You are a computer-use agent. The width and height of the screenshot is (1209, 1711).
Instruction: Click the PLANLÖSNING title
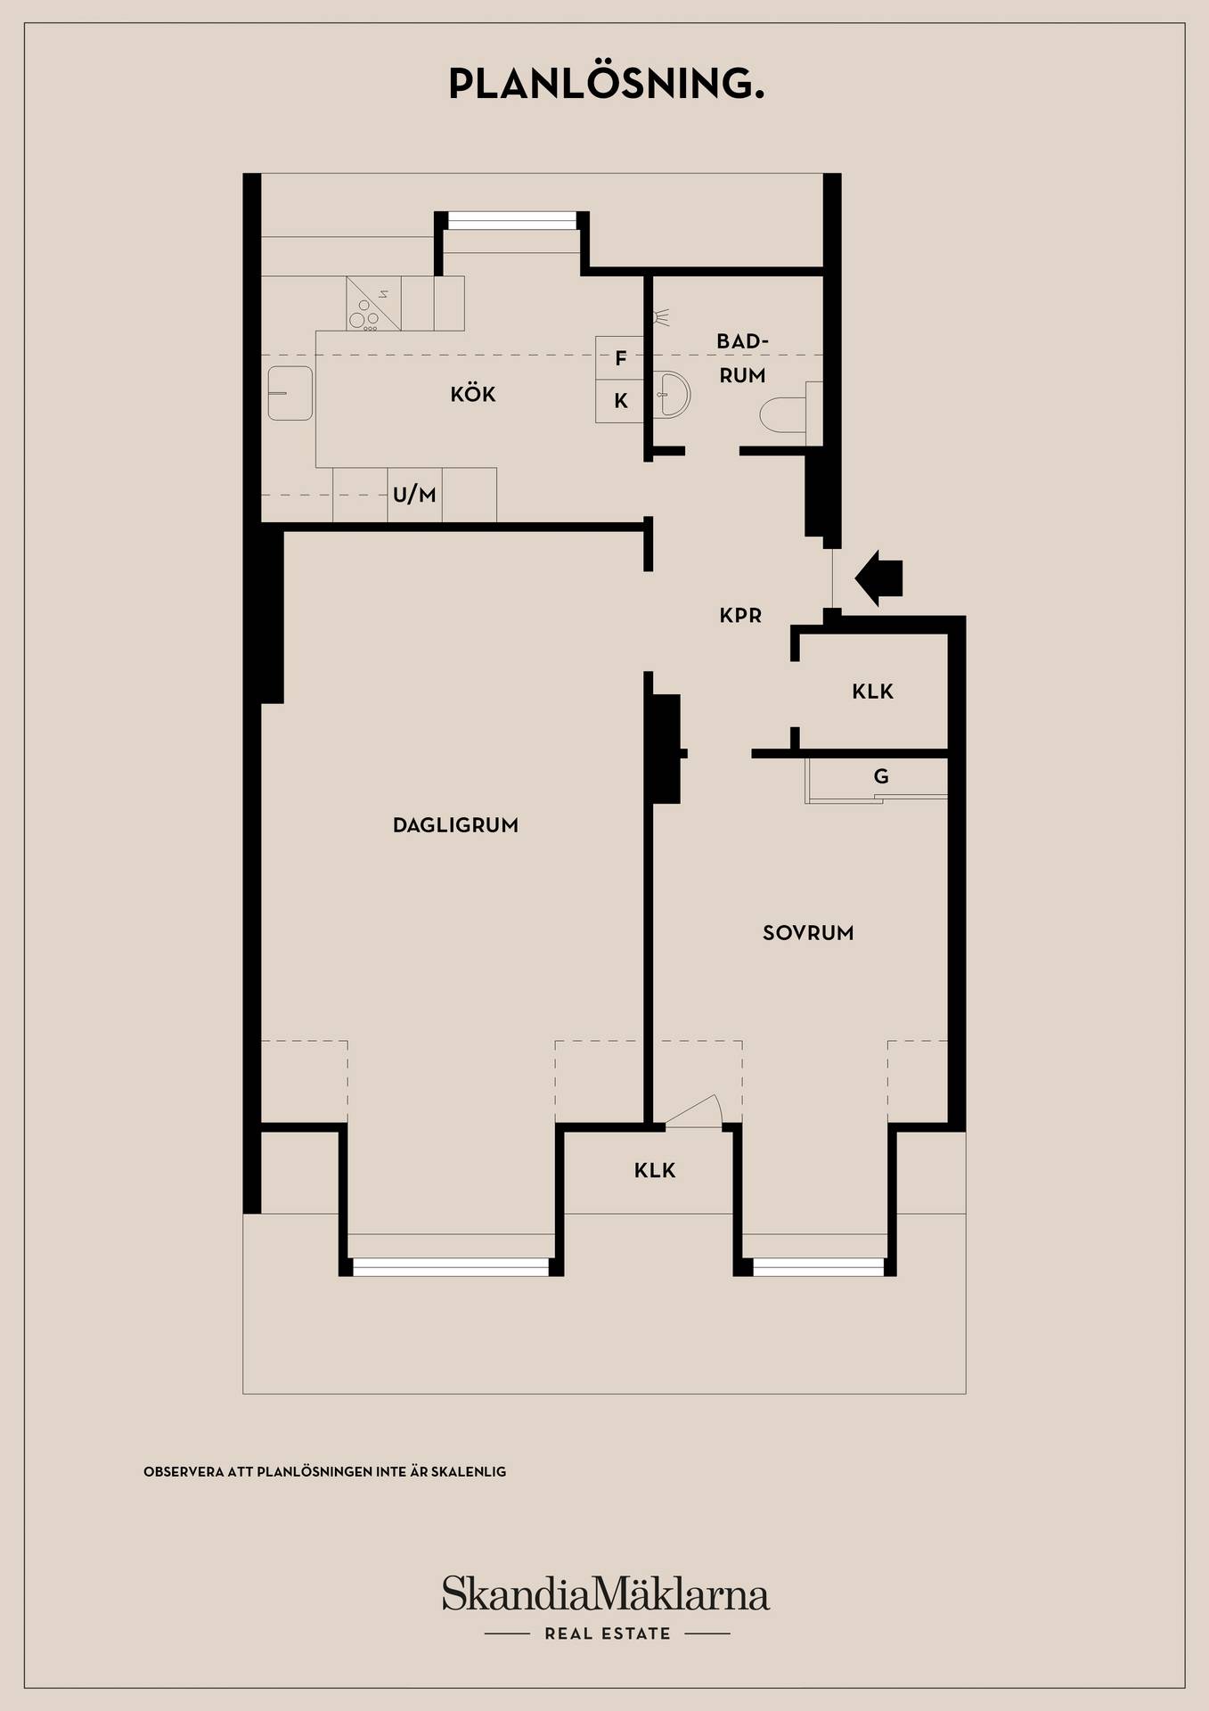tap(606, 83)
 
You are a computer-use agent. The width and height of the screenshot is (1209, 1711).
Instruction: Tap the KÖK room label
tap(473, 394)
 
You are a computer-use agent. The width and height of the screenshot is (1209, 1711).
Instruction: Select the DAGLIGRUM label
tap(455, 825)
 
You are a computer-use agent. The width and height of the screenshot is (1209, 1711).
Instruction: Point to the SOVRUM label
tap(808, 933)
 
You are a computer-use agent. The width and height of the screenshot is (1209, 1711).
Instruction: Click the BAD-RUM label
tap(742, 358)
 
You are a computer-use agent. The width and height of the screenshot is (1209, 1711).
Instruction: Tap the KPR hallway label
tap(740, 615)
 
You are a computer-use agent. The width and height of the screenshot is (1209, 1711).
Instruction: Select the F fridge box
tap(620, 358)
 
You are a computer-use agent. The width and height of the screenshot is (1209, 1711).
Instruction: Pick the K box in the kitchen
tap(620, 401)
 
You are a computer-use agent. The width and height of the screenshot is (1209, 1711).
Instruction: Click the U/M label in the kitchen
tap(414, 495)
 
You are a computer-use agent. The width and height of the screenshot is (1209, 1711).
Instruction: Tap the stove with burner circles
tap(373, 304)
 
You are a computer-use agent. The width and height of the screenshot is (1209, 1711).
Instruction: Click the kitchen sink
tap(290, 393)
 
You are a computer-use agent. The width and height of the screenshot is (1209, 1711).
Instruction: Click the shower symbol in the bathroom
tap(660, 317)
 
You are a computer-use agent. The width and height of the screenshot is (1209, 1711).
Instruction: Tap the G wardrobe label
tap(881, 776)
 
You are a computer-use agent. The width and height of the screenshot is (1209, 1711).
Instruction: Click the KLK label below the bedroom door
tap(655, 1170)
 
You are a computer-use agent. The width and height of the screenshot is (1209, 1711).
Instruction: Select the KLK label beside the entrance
tap(872, 692)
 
